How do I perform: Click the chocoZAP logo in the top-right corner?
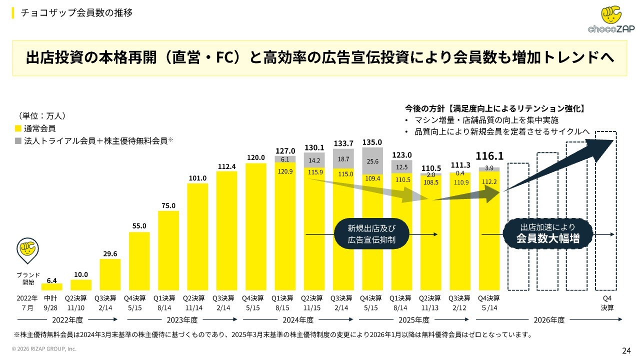[611, 19]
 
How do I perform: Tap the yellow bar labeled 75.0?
[168, 250]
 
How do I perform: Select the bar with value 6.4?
[51, 287]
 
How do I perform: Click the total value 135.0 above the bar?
[372, 142]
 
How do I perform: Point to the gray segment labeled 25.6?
[372, 161]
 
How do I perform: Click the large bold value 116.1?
[489, 156]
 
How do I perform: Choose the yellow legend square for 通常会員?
[18, 128]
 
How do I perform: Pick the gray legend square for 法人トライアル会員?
[18, 141]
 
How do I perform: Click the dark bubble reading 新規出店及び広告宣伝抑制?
[371, 234]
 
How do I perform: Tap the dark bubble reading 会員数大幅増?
[547, 233]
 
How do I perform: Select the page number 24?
[626, 350]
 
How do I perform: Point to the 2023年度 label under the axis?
[182, 320]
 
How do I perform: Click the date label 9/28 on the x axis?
[50, 308]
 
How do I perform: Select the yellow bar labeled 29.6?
[110, 274]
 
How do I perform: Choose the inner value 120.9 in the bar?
[285, 171]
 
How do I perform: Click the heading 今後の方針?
[425, 108]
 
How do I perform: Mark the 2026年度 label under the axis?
[549, 320]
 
